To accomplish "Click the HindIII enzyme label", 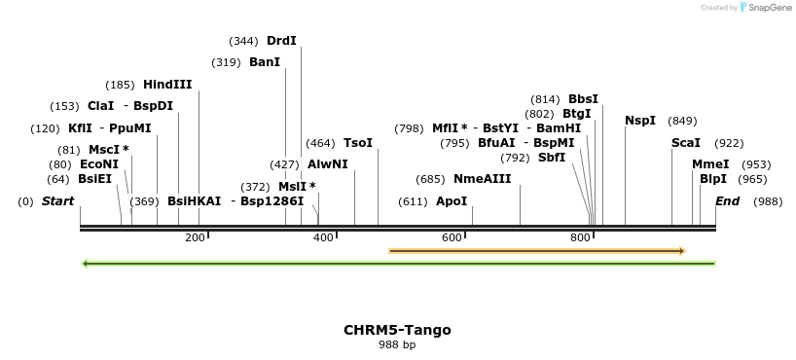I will coord(167,85).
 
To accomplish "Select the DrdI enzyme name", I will coord(281,41).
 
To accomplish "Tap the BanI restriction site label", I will coord(265,62).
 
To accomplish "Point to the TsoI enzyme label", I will coord(358,143).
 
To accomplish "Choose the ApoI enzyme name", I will coord(452,201).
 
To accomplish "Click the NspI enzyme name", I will coord(640,121).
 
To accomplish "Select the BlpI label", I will coord(713,179).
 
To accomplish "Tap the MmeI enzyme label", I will coord(710,164).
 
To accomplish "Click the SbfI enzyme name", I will coord(552,158).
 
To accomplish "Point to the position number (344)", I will coord(243,41).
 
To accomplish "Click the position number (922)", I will coord(729,143).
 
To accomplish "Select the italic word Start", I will coord(57,201).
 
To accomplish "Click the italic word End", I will coord(727,201).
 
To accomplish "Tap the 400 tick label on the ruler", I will coord(323,237).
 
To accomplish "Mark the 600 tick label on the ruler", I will coord(452,237).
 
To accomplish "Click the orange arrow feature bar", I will coord(536,251).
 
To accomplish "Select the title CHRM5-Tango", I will coord(397,330).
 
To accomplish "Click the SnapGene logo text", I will coord(770,8).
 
